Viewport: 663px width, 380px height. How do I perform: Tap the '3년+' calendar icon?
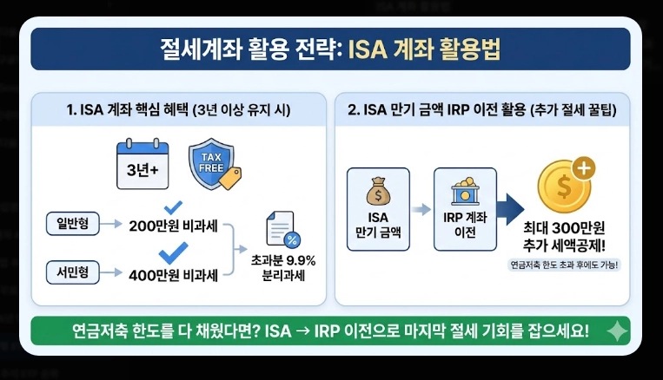[x=143, y=166]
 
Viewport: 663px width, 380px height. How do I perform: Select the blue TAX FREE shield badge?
[x=212, y=164]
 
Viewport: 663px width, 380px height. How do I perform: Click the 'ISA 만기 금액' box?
[x=378, y=209]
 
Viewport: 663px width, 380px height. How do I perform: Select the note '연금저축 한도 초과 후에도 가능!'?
[x=566, y=265]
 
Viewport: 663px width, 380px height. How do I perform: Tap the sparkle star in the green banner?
[x=618, y=331]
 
